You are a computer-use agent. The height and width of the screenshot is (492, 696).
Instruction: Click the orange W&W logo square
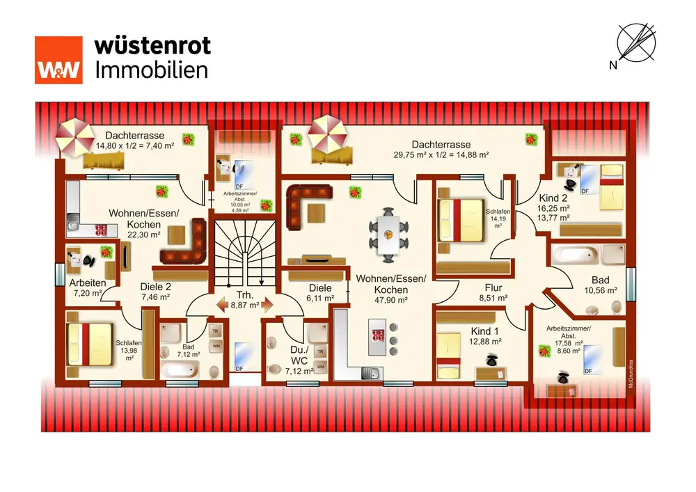pos(58,60)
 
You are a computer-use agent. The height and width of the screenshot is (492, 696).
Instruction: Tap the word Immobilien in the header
pos(151,70)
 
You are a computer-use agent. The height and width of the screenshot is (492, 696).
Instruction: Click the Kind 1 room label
pos(485,331)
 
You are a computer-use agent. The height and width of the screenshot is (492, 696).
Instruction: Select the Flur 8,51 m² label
pos(493,292)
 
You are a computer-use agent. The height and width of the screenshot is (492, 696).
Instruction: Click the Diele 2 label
pos(156,286)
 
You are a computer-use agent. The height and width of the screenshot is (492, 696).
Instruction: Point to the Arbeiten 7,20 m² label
pos(87,287)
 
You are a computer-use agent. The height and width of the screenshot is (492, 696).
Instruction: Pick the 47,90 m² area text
pos(390,300)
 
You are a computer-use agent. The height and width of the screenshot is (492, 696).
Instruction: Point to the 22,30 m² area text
pos(144,236)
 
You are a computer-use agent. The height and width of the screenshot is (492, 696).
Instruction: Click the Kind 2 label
pos(554,197)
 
